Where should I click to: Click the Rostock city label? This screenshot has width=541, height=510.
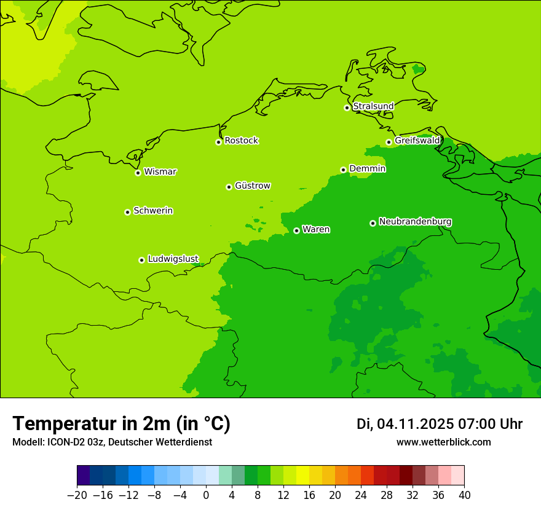point(241,141)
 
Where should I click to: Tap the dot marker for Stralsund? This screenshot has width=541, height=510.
point(347,108)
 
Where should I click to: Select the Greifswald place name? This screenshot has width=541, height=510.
point(417,141)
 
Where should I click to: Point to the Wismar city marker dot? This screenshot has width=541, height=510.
point(138,173)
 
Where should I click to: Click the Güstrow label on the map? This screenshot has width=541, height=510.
point(252,186)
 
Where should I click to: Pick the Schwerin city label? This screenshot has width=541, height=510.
point(153,211)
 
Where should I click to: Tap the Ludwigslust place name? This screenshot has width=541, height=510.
point(173,259)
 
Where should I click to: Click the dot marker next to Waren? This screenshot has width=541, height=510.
point(296,230)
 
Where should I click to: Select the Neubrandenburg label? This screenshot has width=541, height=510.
point(415,221)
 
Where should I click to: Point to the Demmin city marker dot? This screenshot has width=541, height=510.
point(343,170)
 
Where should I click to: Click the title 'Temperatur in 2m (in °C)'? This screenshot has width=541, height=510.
point(121,424)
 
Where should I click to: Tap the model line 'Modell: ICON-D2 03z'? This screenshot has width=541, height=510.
point(112,442)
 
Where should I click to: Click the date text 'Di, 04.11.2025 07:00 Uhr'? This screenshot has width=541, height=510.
point(439,424)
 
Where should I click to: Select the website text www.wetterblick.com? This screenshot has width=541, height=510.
point(443,442)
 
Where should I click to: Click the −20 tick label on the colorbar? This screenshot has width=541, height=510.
point(77,495)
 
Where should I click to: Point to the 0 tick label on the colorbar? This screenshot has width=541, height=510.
point(206,495)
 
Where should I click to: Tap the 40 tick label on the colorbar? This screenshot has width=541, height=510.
point(464,495)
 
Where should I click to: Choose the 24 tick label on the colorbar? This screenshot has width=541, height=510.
point(361,495)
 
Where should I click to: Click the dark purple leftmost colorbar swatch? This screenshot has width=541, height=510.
point(84,476)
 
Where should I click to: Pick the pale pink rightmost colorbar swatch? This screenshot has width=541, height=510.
point(458,476)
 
